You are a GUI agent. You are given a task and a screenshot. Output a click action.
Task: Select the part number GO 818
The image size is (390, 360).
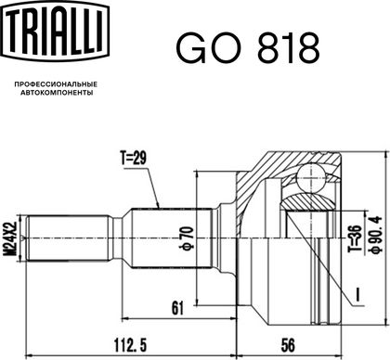[x=248, y=49]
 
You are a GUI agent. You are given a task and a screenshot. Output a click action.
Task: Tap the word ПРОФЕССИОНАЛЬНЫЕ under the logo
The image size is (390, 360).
[x=56, y=84]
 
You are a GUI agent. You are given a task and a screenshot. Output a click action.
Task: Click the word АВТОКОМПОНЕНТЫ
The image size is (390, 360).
[x=57, y=93]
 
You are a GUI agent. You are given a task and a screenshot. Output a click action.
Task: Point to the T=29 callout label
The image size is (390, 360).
[x=134, y=159]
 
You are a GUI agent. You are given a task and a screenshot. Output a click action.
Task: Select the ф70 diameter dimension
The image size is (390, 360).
[x=188, y=238]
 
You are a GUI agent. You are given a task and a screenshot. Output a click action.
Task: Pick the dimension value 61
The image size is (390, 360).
[x=177, y=308]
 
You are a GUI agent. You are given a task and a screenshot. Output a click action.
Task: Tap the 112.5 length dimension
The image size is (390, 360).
[x=130, y=344]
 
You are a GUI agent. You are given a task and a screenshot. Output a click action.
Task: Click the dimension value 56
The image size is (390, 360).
[x=288, y=344]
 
